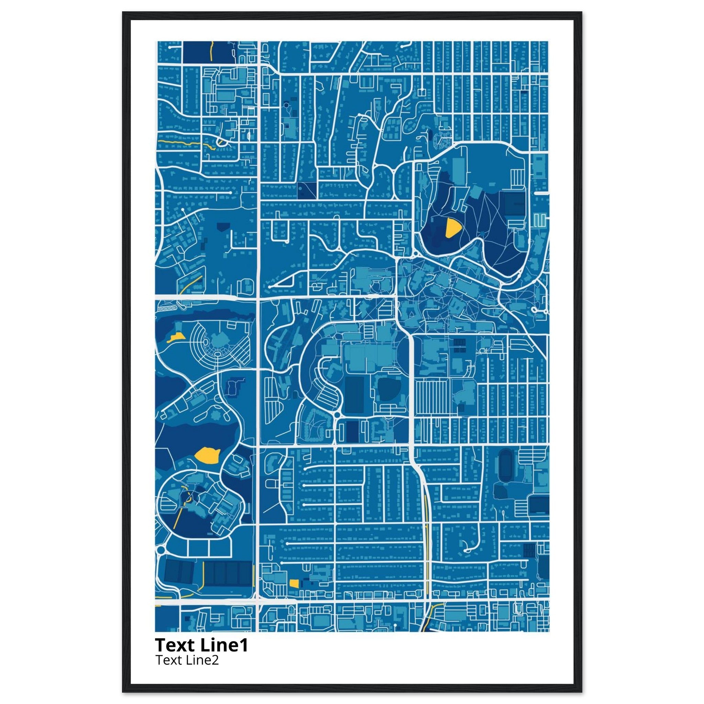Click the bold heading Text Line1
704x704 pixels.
coord(201,645)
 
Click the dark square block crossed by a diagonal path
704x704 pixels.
coord(306,190)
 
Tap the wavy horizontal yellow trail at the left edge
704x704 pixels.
coord(186,142)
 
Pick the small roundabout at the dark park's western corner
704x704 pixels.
coord(415,253)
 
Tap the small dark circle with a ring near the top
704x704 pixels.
coord(286,105)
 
